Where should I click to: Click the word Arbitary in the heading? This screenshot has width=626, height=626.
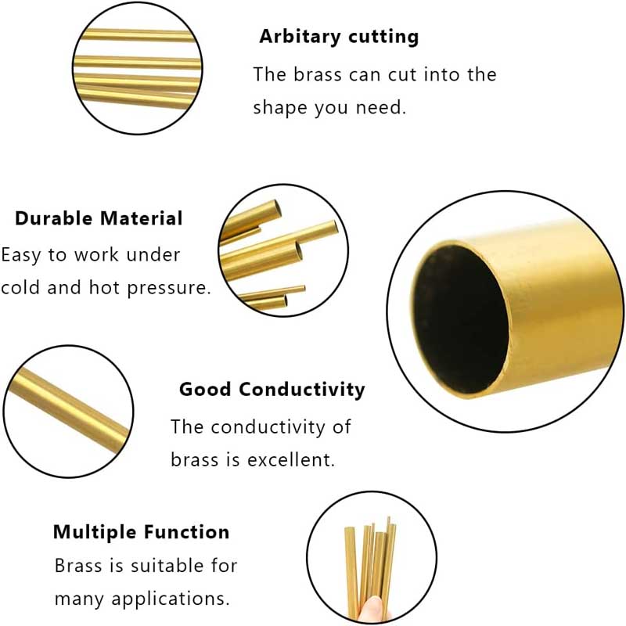(300, 37)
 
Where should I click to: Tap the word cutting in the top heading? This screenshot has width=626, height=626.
(383, 37)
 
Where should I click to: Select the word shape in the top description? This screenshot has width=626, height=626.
(280, 108)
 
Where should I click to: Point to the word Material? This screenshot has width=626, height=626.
(141, 218)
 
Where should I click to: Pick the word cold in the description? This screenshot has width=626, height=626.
(20, 287)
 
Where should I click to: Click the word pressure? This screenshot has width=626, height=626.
(168, 288)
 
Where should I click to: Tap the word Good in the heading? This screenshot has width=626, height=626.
(205, 389)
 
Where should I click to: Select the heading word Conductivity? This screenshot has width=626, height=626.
(301, 390)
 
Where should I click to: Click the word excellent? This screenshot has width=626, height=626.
(290, 460)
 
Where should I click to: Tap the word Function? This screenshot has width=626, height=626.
(186, 532)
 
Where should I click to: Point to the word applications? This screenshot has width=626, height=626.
(171, 599)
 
